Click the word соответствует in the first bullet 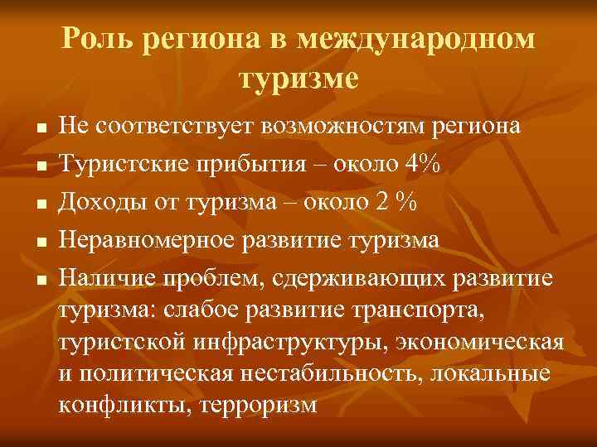(x=176, y=127)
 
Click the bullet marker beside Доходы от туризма (x=40, y=201)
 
